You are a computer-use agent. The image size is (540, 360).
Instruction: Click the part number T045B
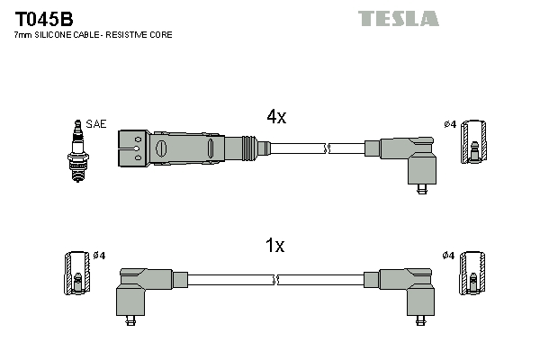43,18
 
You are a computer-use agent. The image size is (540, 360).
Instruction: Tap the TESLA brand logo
398,19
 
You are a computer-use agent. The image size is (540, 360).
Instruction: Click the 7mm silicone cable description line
93,34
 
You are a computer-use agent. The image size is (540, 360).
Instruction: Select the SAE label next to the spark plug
95,123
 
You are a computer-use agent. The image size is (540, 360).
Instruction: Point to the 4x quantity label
275,117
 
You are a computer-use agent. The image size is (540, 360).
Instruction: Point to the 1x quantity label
275,246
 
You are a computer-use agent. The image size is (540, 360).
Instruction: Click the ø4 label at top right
450,123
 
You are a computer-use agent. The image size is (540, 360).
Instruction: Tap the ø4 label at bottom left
98,256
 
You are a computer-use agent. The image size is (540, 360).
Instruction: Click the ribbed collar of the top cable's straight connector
246,147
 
